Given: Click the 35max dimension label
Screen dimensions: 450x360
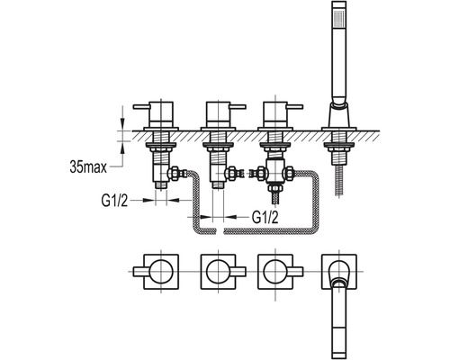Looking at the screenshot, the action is [x=88, y=166].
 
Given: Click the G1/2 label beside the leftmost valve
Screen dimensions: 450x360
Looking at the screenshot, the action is [x=114, y=201].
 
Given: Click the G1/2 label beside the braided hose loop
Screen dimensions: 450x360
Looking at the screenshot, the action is [x=265, y=217].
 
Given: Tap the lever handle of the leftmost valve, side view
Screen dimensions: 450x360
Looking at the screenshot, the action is [x=141, y=106].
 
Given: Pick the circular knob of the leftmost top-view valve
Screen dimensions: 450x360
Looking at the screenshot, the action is [x=161, y=272].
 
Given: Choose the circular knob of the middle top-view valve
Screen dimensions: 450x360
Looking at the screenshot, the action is [x=219, y=272].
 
